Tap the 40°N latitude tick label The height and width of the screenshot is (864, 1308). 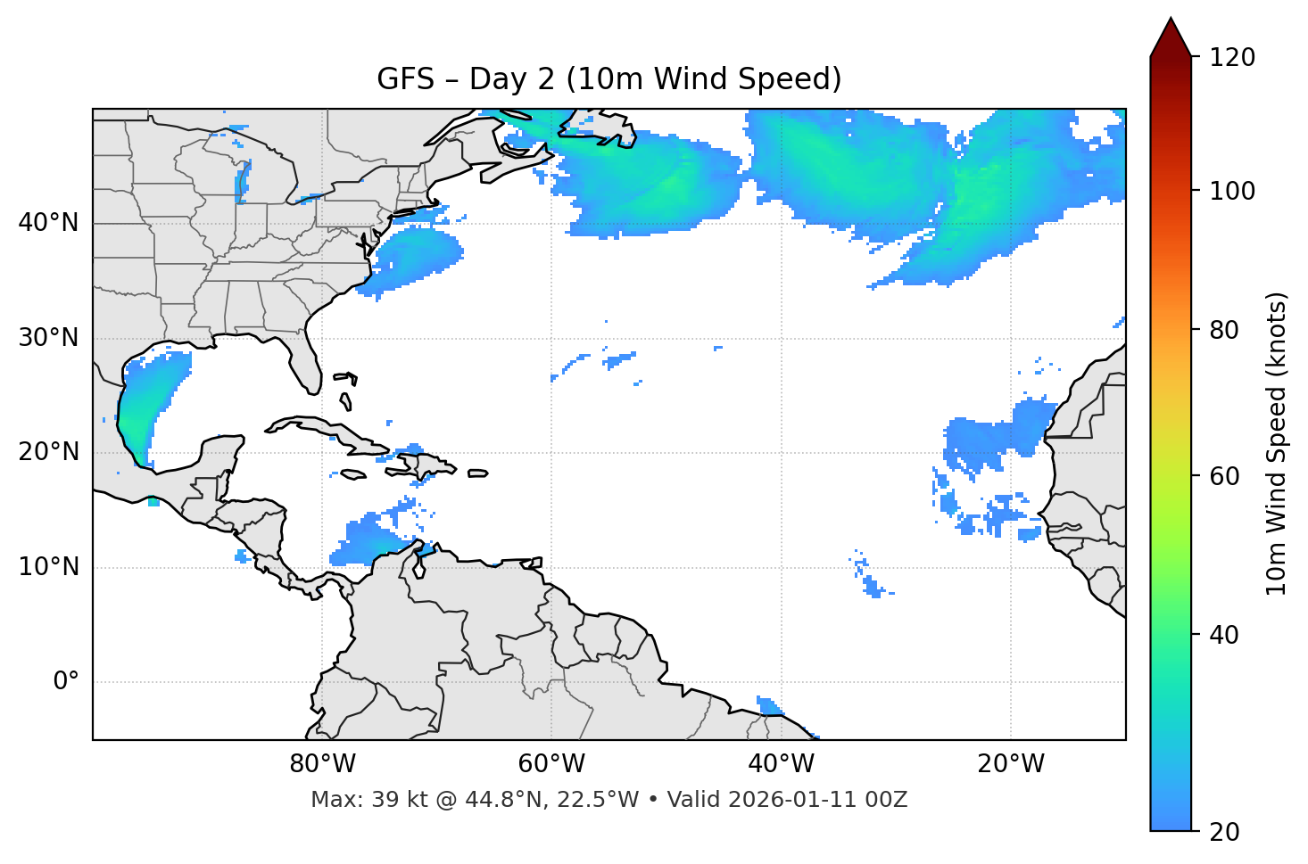pos(48,223)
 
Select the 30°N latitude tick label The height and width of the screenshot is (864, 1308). pos(48,338)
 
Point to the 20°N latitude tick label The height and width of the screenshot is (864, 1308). pos(48,452)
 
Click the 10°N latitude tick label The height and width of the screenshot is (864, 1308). pos(48,567)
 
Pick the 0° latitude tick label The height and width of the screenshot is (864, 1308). pos(66,682)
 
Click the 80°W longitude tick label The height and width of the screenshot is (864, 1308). pos(322,764)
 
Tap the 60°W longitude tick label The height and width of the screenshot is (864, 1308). pos(551,764)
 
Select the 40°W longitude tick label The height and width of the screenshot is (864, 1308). pos(781,764)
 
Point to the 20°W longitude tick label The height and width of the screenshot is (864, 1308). pos(1010,764)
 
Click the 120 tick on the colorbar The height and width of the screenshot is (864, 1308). pos(1231,58)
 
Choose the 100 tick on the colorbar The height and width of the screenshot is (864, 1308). pos(1231,191)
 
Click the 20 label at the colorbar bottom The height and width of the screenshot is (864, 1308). pos(1224,832)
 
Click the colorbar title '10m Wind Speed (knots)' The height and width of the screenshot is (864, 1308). pos(1277,443)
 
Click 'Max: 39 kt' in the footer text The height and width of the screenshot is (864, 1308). pos(355,800)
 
